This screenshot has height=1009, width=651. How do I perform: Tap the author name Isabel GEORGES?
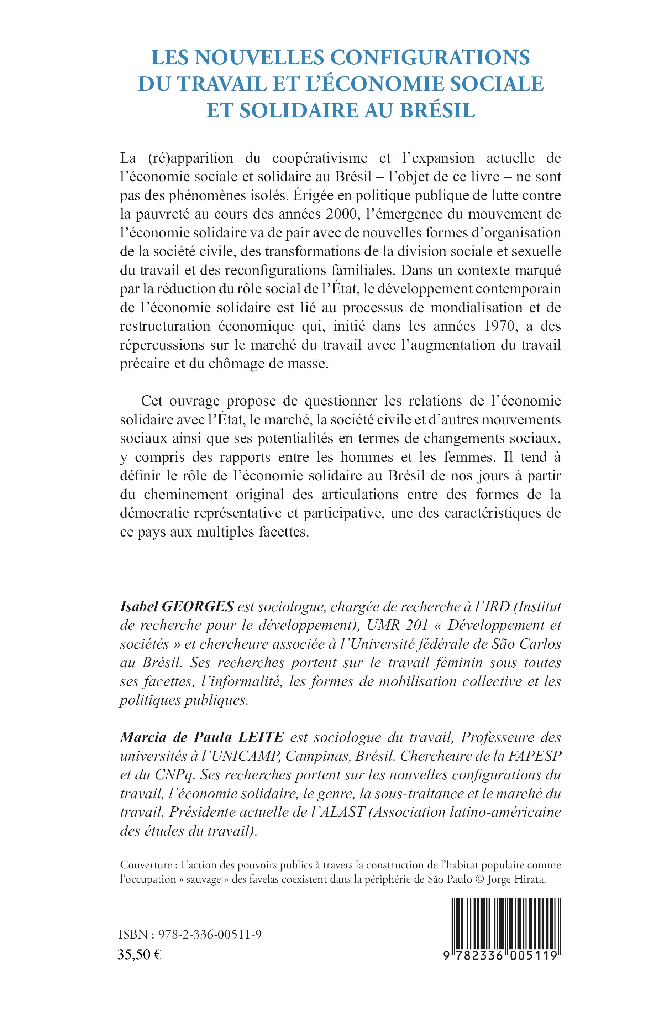coord(177,606)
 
